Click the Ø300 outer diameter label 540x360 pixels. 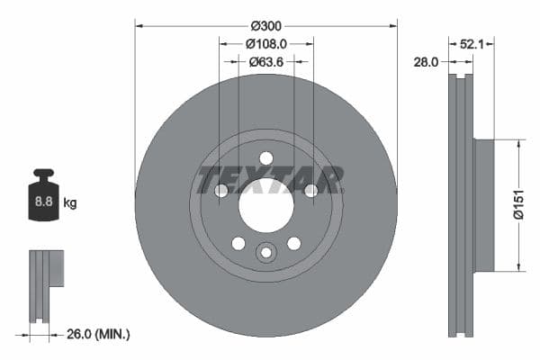[x=265, y=24]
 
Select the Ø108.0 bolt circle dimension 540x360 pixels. [x=265, y=42]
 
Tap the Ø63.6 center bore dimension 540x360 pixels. [x=265, y=61]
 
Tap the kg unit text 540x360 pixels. [x=69, y=203]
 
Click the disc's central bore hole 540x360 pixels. [x=265, y=203]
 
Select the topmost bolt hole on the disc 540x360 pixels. [x=265, y=158]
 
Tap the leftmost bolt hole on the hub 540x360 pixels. [x=221, y=190]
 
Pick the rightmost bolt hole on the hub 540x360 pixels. [x=310, y=190]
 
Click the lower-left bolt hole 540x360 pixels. [x=238, y=243]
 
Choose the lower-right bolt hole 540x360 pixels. [x=293, y=243]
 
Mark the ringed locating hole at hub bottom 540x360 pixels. [x=265, y=253]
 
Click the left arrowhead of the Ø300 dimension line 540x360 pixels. [x=139, y=25]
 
